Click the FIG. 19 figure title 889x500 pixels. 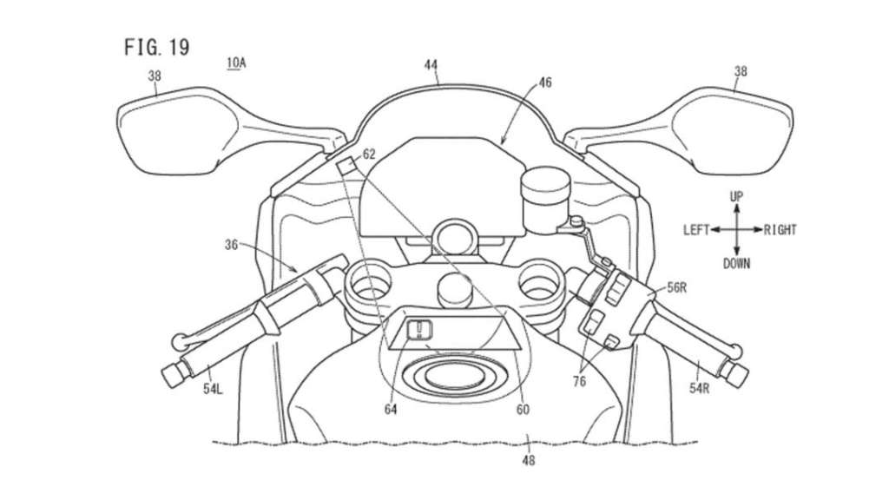pyautogui.click(x=156, y=47)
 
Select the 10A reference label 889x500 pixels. pyautogui.click(x=236, y=62)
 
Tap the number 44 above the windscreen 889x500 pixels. pyautogui.click(x=431, y=65)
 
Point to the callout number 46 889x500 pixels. pyautogui.click(x=544, y=82)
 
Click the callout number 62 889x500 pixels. pyautogui.click(x=369, y=155)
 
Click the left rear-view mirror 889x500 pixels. pyautogui.click(x=170, y=131)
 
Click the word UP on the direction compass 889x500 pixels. pyautogui.click(x=736, y=196)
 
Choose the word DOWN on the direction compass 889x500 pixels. pyautogui.click(x=736, y=264)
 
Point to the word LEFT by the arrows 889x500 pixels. pyautogui.click(x=695, y=230)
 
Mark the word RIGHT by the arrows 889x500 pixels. pyautogui.click(x=780, y=230)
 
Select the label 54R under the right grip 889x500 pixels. pyautogui.click(x=699, y=388)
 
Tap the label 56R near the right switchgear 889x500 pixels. pyautogui.click(x=676, y=287)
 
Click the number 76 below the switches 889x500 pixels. pyautogui.click(x=579, y=382)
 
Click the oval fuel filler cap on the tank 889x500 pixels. pyautogui.click(x=451, y=375)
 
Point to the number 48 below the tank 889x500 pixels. pyautogui.click(x=529, y=460)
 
